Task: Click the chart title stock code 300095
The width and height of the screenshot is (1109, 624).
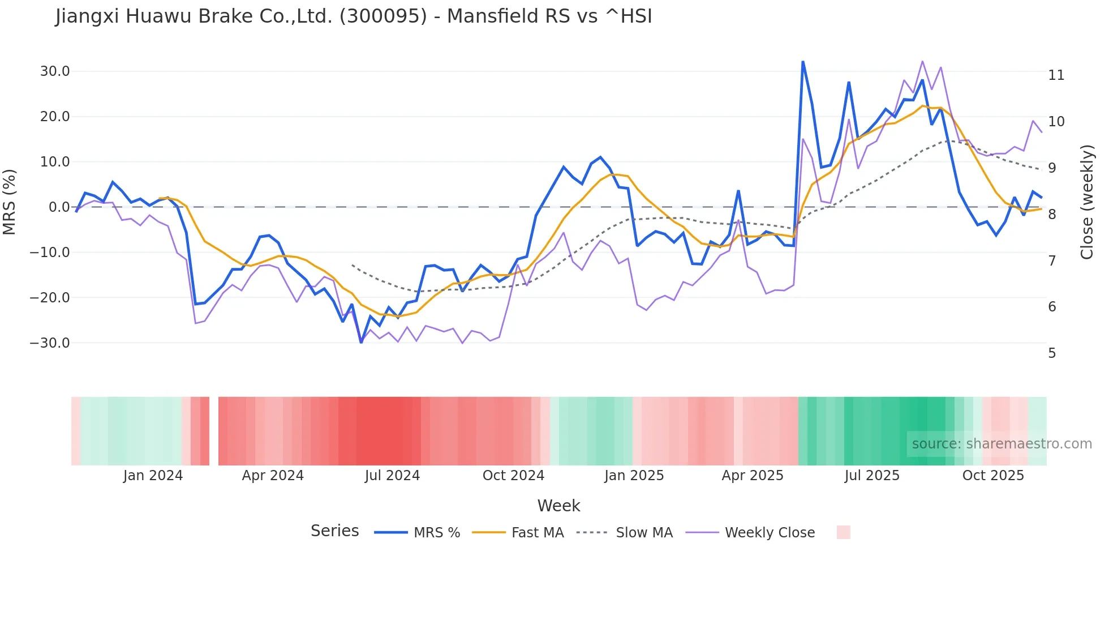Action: [x=383, y=16]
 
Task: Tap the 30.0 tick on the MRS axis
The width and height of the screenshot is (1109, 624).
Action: [x=55, y=71]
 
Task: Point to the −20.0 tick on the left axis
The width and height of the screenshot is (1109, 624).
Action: [x=50, y=298]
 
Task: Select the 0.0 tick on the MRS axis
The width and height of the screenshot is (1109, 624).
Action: [x=59, y=207]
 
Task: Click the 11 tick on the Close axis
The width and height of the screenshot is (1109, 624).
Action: [x=1056, y=75]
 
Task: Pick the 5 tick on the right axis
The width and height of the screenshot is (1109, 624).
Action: [x=1052, y=353]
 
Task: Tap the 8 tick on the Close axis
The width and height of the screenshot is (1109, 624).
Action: [x=1052, y=215]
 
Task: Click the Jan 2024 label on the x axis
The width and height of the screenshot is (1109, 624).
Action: [x=153, y=476]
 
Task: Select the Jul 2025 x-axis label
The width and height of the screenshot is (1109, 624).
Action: [x=872, y=476]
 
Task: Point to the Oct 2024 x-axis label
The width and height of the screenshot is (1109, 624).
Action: [x=513, y=476]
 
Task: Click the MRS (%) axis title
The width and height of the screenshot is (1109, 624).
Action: [x=10, y=202]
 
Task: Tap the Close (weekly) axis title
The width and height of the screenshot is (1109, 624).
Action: [x=1086, y=202]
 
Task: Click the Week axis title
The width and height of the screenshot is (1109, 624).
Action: [x=558, y=506]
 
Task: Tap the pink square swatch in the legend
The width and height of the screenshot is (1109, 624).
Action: [x=843, y=532]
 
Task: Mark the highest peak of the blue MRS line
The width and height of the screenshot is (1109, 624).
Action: [x=803, y=62]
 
